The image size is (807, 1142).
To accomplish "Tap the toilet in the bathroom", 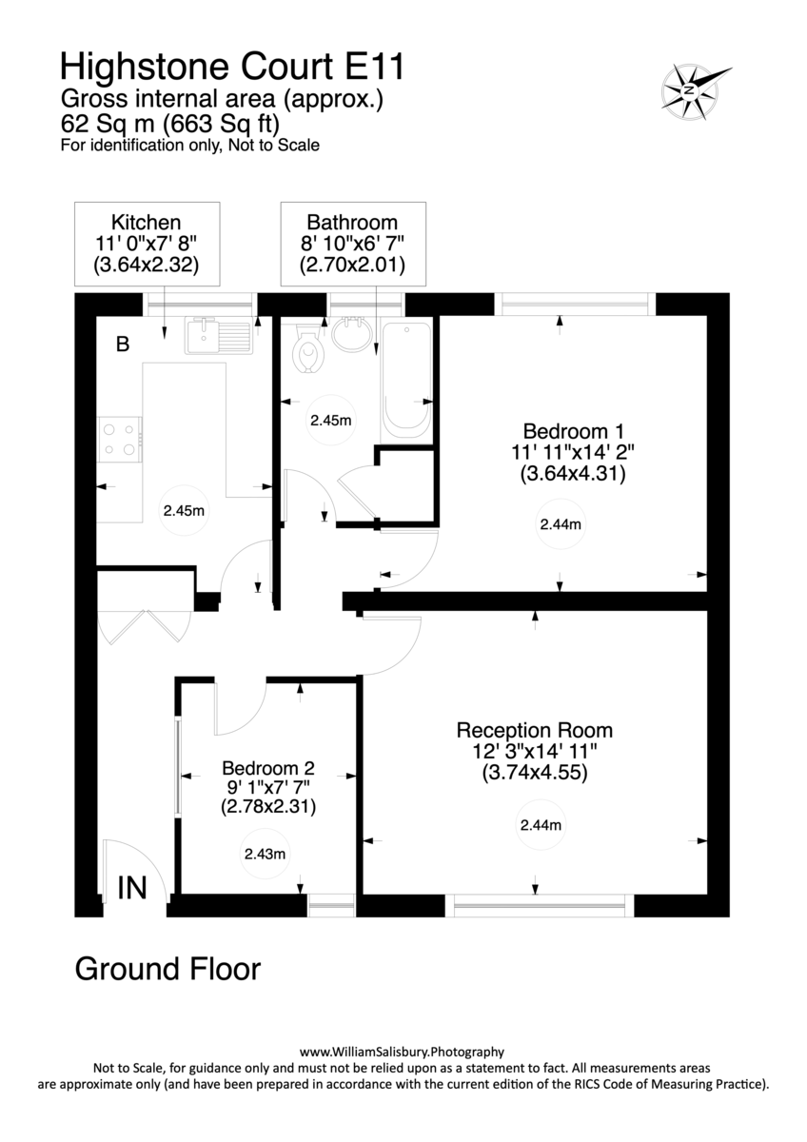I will click(x=308, y=350).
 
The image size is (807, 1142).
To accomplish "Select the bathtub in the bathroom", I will click(x=406, y=381).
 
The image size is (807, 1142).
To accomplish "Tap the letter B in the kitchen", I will click(x=122, y=345).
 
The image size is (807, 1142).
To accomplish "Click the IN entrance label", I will click(x=131, y=888).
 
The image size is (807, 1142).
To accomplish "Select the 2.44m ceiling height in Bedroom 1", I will click(x=561, y=523).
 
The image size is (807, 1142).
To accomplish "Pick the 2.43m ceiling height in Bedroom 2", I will click(x=264, y=854).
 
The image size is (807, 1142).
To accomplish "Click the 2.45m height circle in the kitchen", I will click(x=184, y=510).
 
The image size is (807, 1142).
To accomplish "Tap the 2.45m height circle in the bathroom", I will click(x=332, y=420).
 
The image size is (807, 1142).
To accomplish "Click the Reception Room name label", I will click(x=534, y=731).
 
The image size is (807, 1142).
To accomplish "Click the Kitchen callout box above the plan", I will click(x=147, y=244).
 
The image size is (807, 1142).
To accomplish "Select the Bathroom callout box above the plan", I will click(x=352, y=244).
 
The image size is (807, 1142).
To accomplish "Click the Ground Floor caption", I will click(x=167, y=970).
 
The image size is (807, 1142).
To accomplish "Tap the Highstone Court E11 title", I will click(x=231, y=67).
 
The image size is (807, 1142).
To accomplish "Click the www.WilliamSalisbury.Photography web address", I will click(x=402, y=1052).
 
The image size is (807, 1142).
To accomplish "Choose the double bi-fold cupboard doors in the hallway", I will click(x=143, y=626).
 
